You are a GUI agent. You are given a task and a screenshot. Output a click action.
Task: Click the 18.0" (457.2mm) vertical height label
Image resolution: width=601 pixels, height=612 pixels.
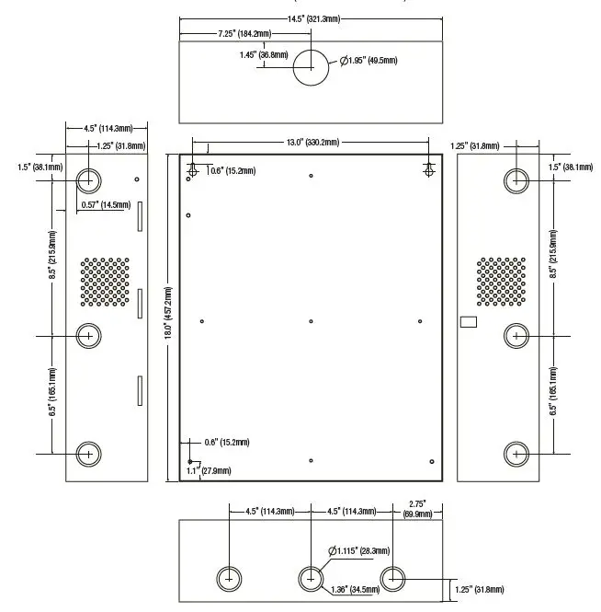tap(168, 316)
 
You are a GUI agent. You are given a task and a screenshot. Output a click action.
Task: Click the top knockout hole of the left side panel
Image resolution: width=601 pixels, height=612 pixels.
tap(88, 179)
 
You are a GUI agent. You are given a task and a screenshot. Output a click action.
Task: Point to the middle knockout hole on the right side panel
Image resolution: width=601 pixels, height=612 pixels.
tap(517, 337)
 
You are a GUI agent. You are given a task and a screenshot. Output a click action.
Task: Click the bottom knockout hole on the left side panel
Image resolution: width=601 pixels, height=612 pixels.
tap(88, 453)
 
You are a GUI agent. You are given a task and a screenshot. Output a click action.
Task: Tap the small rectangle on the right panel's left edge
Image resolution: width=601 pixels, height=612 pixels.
tap(469, 322)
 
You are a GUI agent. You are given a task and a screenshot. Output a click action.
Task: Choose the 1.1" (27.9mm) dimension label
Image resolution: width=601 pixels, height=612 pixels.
tap(208, 471)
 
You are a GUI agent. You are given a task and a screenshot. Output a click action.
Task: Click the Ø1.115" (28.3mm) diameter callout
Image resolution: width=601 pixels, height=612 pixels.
tap(359, 550)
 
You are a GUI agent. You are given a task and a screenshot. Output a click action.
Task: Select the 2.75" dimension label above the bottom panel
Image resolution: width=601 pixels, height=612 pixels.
tap(418, 505)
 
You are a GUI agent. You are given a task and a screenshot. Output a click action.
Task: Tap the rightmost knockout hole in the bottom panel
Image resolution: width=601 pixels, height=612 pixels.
tap(393, 579)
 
